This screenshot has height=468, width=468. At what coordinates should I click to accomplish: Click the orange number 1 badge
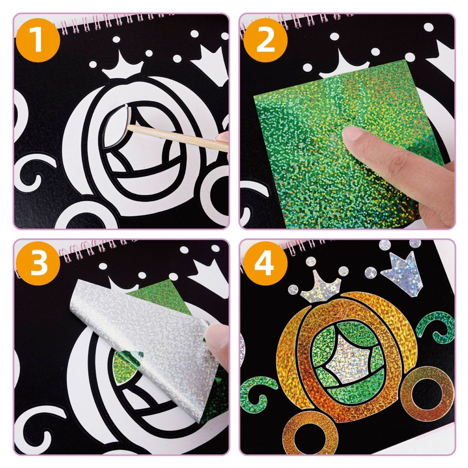click(x=39, y=39)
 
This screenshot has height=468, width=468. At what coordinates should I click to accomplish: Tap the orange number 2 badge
click(x=265, y=39)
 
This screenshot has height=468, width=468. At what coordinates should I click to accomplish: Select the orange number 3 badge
click(x=39, y=265)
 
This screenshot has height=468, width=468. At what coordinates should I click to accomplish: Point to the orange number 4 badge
click(x=265, y=265)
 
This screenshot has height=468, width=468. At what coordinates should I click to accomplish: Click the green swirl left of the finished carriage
click(x=255, y=393)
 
